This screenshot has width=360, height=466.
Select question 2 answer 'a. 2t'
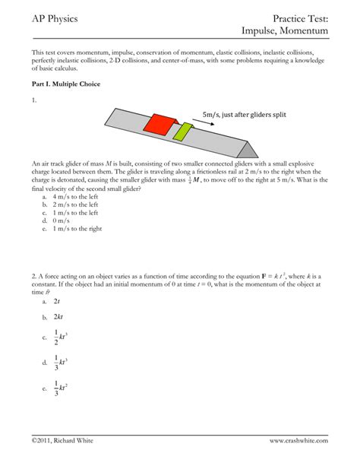coord(58,302)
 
